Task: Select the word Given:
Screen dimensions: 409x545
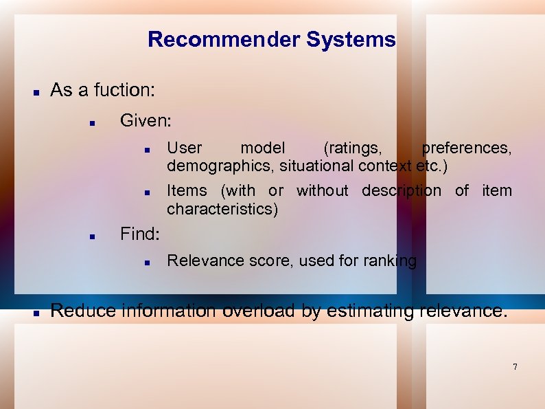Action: click(x=146, y=121)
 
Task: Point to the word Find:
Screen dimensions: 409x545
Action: click(x=140, y=234)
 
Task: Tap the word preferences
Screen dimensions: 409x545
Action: click(x=467, y=148)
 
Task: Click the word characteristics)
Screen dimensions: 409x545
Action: click(x=222, y=209)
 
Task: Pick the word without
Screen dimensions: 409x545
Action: click(x=322, y=191)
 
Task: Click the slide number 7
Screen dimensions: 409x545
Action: click(x=515, y=367)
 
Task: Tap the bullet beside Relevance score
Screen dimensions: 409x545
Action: click(x=146, y=262)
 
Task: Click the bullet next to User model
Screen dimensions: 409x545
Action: click(x=146, y=149)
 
